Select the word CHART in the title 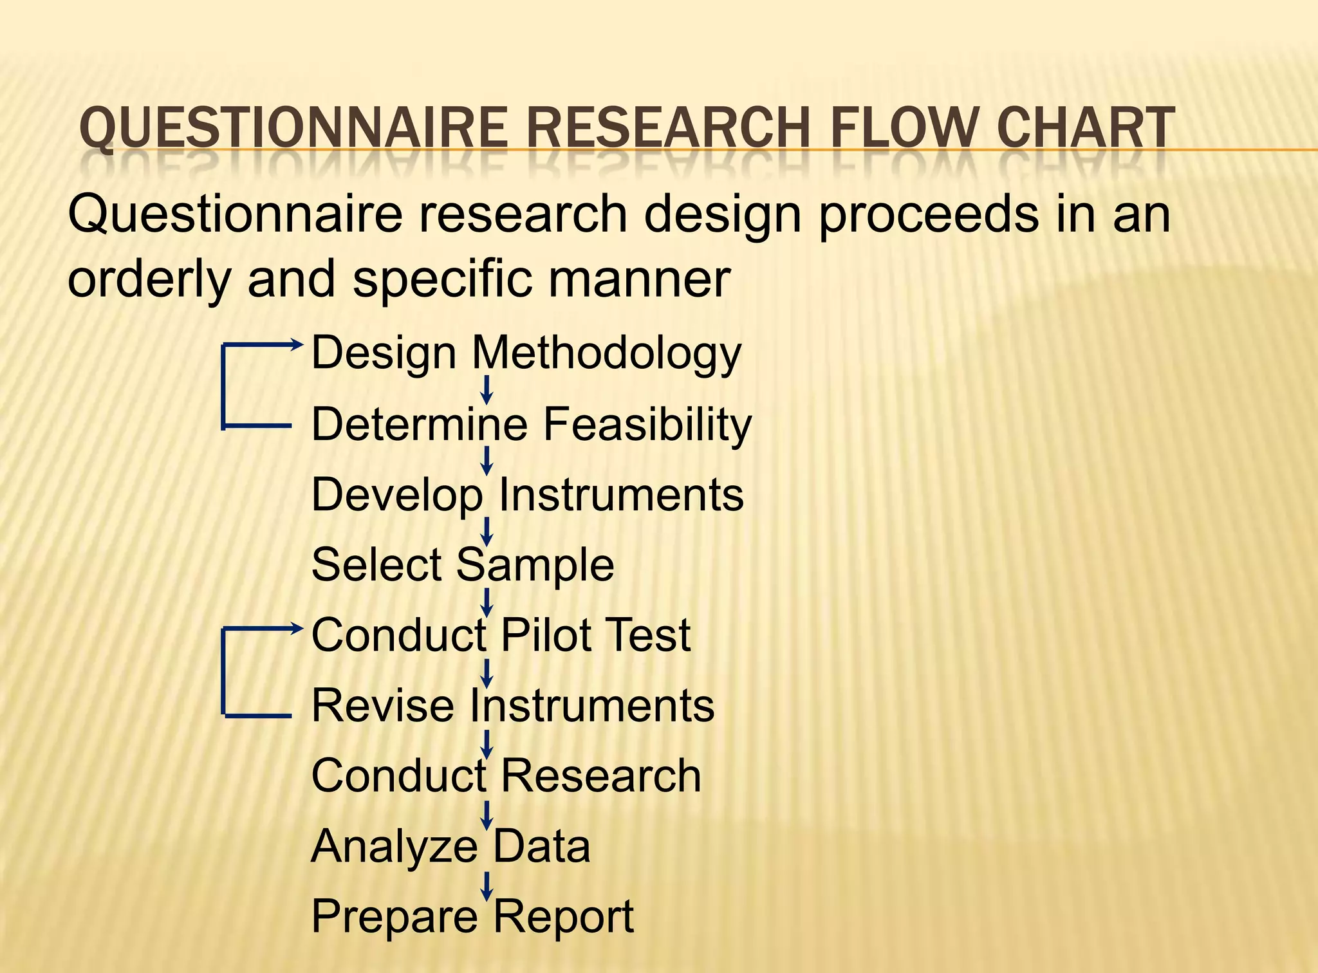pos(1086,128)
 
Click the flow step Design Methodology pos(526,353)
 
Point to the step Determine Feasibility pos(531,424)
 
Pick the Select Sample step pos(462,564)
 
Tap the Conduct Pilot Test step pos(500,635)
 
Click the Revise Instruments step pos(512,705)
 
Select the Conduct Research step pos(506,775)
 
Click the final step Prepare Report pos(472,916)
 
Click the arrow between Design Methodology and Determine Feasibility pos(487,390)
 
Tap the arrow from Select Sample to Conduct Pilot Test pos(487,602)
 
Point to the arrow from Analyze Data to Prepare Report pos(487,885)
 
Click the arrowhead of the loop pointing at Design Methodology pos(297,344)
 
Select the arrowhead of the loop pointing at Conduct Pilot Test pos(297,629)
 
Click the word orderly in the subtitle pos(148,279)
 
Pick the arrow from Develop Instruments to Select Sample pos(487,532)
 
